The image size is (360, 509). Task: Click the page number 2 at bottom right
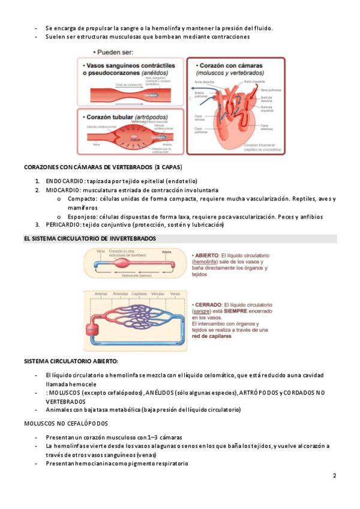click(334, 476)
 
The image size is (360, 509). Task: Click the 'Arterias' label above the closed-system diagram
click(100, 294)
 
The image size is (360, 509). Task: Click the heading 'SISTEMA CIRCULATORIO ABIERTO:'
click(71, 361)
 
